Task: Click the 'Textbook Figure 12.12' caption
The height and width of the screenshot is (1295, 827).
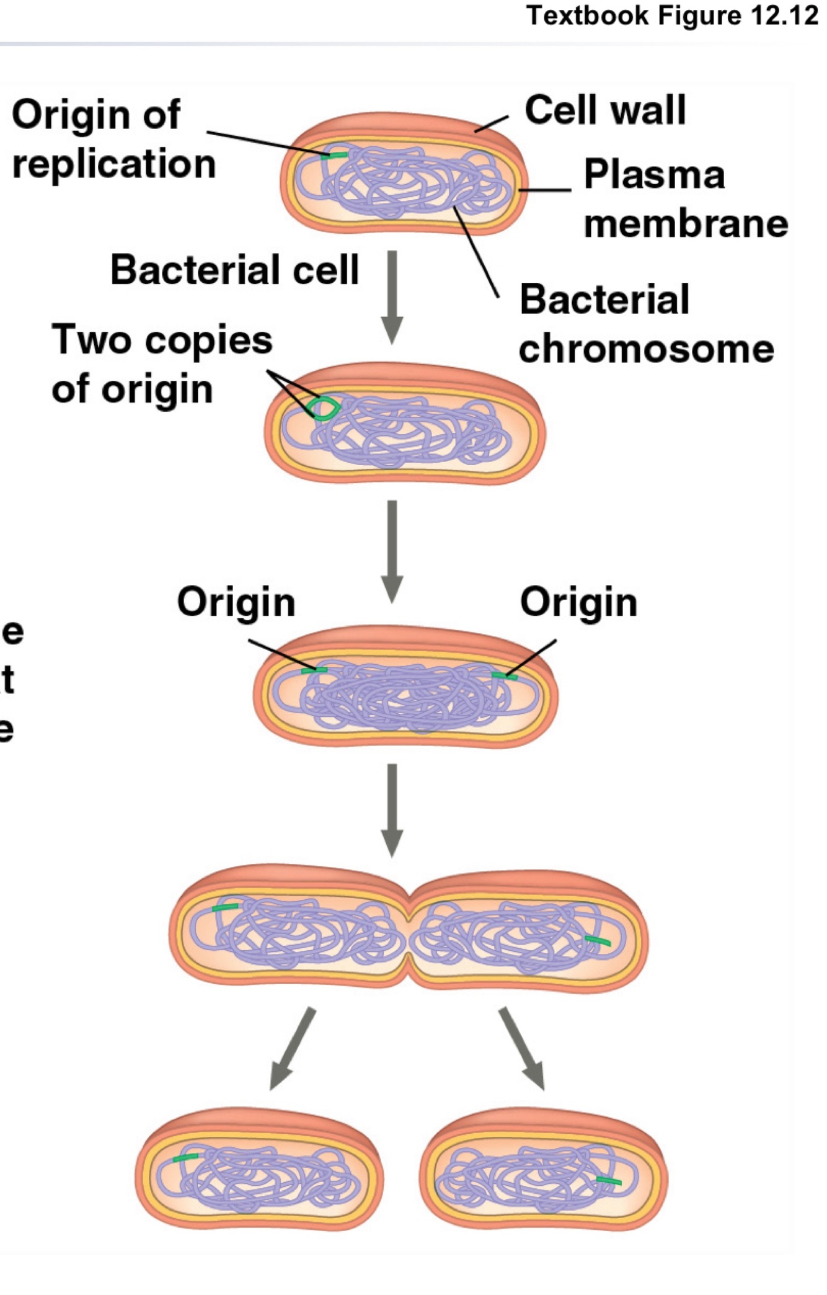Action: tap(672, 15)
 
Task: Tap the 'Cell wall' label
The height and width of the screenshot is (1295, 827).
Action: tap(605, 110)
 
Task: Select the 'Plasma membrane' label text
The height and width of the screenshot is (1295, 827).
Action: tap(685, 198)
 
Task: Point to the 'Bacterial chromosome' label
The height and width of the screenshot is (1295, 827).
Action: tap(646, 324)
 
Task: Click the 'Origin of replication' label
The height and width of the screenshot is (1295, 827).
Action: tap(114, 139)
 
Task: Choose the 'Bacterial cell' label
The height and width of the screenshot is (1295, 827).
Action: tap(234, 270)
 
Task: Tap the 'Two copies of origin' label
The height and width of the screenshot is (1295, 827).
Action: tap(162, 364)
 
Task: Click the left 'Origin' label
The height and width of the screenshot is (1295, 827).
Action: tap(236, 602)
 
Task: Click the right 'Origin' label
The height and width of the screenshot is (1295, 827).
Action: tap(578, 602)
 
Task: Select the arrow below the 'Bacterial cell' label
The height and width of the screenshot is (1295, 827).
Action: tap(392, 296)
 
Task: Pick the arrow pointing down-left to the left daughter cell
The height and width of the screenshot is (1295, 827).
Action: tap(293, 1048)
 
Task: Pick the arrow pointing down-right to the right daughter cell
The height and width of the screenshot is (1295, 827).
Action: tap(522, 1048)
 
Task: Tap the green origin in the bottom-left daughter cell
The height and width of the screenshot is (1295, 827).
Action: tap(185, 1157)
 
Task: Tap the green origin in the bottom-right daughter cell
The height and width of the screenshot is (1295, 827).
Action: tap(608, 1180)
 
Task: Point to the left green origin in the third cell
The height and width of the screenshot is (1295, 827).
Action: tap(314, 670)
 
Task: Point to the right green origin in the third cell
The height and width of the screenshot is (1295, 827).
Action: tap(504, 676)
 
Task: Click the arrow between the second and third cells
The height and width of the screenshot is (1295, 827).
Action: tap(392, 551)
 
